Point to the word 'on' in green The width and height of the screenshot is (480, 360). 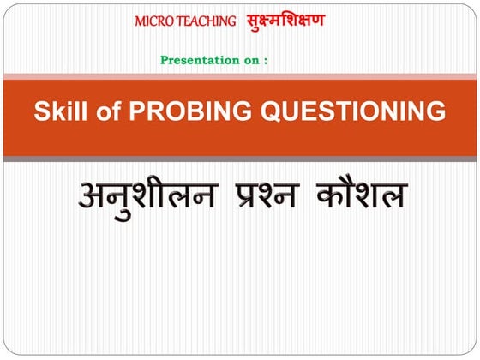pyautogui.click(x=249, y=60)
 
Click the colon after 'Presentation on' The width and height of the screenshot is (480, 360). pyautogui.click(x=266, y=61)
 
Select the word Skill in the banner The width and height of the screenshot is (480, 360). pyautogui.click(x=59, y=111)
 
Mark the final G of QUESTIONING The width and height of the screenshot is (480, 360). pyautogui.click(x=436, y=111)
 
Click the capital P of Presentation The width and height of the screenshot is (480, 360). pyautogui.click(x=164, y=60)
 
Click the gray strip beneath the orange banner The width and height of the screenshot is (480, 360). pyautogui.click(x=240, y=159)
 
